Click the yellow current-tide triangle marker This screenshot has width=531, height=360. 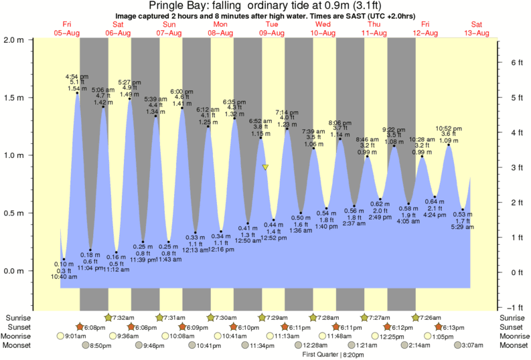click(x=266, y=167)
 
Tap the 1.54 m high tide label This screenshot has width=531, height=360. click(x=77, y=88)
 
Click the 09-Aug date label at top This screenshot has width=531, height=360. click(x=273, y=32)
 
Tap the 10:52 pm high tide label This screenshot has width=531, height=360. click(x=449, y=128)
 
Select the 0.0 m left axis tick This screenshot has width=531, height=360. click(x=15, y=271)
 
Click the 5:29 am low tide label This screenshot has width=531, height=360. click(x=463, y=228)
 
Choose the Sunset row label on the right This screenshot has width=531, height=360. click(x=512, y=327)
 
